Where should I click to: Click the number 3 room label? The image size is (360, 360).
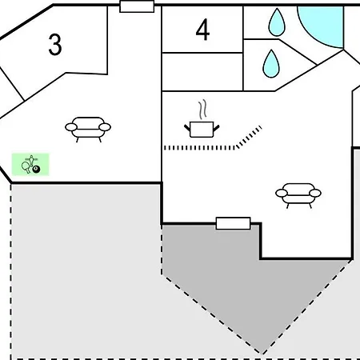click(55, 45)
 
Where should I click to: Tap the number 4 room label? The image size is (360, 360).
click(202, 30)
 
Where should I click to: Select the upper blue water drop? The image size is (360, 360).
click(277, 23)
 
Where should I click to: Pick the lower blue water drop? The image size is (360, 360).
click(271, 65)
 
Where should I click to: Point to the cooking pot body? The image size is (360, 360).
click(202, 130)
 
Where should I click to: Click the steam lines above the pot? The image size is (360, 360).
click(202, 110)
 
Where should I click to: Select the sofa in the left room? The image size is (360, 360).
click(88, 129)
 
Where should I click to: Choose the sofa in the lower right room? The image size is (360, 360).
click(298, 195)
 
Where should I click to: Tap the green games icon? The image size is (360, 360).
click(30, 164)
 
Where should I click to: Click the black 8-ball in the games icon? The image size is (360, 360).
click(36, 170)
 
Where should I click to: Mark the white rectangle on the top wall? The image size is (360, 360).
click(137, 6)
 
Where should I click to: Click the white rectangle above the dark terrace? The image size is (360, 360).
click(233, 223)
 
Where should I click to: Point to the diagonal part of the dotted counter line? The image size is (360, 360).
click(249, 137)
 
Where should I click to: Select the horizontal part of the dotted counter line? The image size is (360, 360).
click(200, 148)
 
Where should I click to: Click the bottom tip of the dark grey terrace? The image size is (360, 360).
click(262, 354)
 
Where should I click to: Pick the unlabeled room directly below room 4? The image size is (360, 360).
click(202, 72)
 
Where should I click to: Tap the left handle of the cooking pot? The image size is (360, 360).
click(187, 127)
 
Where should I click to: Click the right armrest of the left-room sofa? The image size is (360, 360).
click(105, 127)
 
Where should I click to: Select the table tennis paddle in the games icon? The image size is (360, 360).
click(26, 167)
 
